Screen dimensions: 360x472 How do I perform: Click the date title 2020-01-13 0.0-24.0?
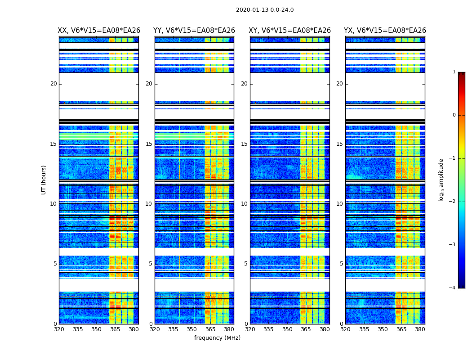click(x=264, y=10)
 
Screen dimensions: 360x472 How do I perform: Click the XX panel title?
click(x=99, y=31)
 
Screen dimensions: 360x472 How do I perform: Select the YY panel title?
click(x=194, y=31)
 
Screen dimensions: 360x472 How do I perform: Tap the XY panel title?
click(x=290, y=31)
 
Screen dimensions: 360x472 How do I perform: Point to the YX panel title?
click(x=385, y=31)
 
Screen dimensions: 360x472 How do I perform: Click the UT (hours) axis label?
click(x=44, y=180)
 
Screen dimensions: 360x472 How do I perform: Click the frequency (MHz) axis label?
click(x=217, y=338)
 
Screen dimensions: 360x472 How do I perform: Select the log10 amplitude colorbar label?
click(x=441, y=180)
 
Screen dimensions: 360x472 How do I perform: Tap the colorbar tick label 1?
click(x=454, y=72)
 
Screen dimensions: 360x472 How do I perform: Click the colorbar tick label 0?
click(x=454, y=115)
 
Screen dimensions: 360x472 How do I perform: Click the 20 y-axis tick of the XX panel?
click(x=53, y=84)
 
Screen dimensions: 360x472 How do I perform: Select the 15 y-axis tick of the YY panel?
click(x=149, y=144)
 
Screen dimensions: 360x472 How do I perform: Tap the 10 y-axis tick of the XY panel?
click(x=244, y=204)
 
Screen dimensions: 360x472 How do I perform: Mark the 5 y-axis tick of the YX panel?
click(x=341, y=264)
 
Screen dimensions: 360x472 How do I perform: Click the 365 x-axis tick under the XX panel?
click(x=115, y=329)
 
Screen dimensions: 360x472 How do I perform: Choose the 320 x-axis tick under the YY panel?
click(x=155, y=329)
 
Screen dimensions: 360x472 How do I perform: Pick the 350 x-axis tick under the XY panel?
click(x=287, y=329)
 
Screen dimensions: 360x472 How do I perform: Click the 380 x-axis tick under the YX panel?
click(x=420, y=329)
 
